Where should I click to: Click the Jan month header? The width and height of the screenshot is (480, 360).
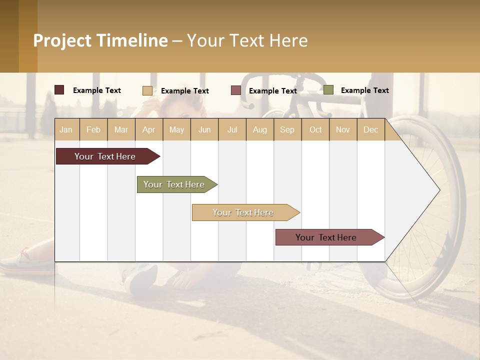click(66, 129)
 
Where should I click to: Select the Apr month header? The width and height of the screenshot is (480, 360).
click(149, 129)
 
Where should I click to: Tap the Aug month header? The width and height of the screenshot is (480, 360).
click(260, 129)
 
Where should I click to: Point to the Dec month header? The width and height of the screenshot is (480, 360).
click(371, 129)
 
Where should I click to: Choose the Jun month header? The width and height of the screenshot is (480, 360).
click(204, 129)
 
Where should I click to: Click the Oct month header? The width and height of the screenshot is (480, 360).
click(315, 129)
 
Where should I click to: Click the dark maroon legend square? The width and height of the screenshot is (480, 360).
click(59, 90)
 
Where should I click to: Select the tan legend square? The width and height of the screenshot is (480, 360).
click(147, 90)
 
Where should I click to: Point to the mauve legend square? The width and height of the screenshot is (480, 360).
click(236, 90)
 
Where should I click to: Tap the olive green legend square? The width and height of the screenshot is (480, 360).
click(328, 90)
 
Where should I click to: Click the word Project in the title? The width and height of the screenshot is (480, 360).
click(63, 40)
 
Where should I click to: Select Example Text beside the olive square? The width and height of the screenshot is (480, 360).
click(364, 90)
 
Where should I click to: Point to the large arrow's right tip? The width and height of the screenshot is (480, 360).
click(438, 190)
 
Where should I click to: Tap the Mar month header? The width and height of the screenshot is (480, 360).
click(121, 129)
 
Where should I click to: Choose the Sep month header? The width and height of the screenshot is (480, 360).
click(287, 129)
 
